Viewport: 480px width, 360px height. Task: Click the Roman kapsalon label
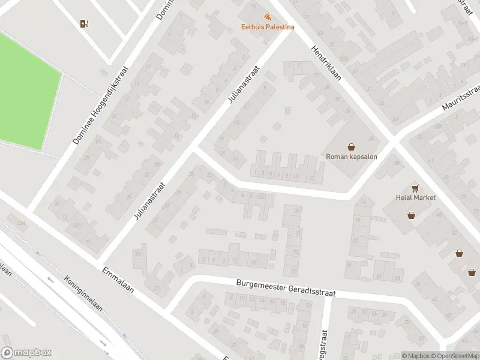(x=350, y=157)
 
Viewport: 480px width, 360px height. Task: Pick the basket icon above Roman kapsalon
(x=351, y=146)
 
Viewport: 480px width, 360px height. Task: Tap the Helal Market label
(x=415, y=197)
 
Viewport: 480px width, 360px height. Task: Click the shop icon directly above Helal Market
(x=415, y=187)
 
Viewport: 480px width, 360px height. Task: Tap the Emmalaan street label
(x=118, y=279)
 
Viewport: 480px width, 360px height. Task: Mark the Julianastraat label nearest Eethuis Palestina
(x=242, y=85)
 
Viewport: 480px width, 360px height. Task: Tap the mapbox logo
(x=26, y=353)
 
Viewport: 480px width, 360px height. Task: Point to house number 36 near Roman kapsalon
(x=371, y=139)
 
